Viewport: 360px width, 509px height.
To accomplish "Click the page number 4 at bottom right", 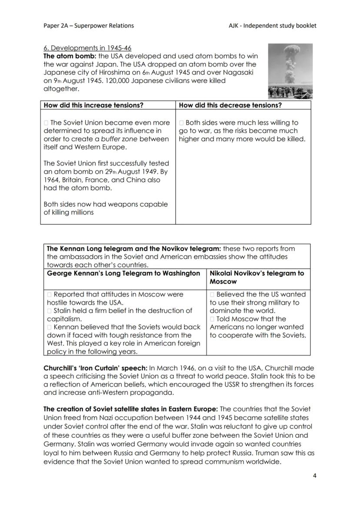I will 314,476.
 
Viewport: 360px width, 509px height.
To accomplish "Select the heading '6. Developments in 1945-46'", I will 87,48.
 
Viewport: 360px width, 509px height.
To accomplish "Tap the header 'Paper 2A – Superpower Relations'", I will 89,26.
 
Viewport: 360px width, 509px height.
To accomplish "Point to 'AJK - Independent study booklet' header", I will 272,26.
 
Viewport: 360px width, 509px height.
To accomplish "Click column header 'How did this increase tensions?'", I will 93,105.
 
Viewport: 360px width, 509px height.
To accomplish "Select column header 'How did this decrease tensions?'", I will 230,105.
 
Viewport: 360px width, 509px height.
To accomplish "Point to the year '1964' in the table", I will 52,180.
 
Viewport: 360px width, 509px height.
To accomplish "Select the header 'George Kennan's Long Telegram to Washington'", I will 123,273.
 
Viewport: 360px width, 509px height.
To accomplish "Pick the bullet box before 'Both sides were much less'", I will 181,123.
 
